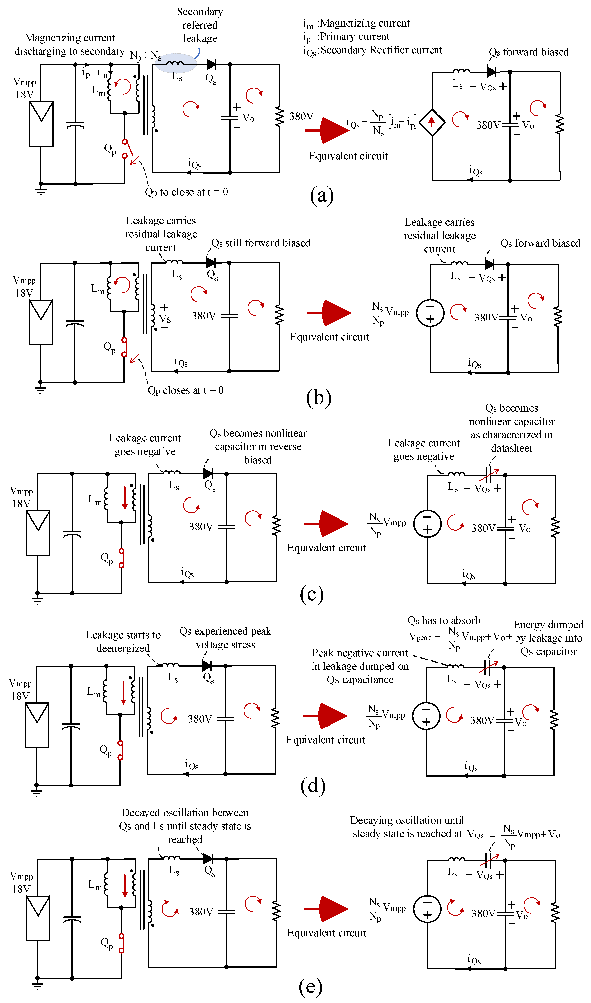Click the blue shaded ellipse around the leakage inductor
tap(176, 63)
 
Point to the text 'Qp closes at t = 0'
tap(186, 390)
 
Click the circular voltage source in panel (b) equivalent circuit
tap(430, 313)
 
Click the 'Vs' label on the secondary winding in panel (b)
tap(165, 319)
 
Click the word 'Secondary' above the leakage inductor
tap(200, 12)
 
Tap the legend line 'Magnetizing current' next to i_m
tap(365, 23)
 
